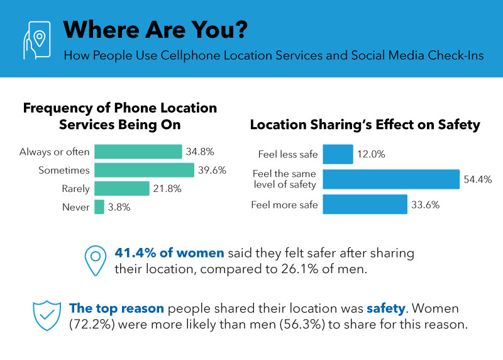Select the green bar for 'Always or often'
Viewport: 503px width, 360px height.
pos(138,152)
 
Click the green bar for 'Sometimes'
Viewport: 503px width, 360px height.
pos(144,170)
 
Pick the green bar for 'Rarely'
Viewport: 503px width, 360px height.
pos(121,188)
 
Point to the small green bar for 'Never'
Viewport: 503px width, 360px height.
pos(99,207)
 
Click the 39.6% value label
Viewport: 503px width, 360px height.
pos(212,171)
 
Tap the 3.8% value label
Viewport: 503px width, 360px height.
pos(119,207)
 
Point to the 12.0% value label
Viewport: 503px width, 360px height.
pos(372,154)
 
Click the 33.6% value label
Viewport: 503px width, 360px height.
pos(426,205)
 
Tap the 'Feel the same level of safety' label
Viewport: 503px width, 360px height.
pos(285,179)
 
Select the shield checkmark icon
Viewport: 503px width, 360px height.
pos(48,315)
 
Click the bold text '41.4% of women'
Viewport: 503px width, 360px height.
pos(170,254)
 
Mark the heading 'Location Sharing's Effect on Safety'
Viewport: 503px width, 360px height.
pos(365,125)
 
